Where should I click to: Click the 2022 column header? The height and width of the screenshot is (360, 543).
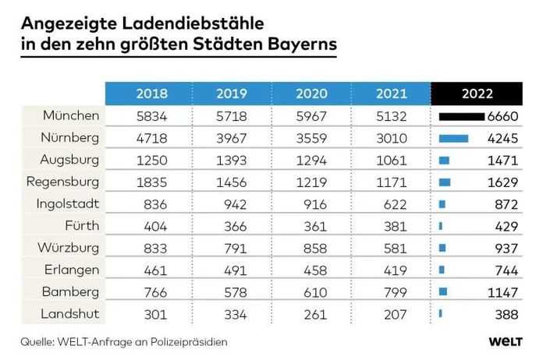point(477,94)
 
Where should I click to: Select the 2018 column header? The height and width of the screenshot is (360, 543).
point(151,94)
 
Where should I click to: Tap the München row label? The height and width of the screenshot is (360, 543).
point(71,115)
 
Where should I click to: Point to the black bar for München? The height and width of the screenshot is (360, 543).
point(462,117)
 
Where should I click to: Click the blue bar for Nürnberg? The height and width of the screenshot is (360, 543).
point(453,139)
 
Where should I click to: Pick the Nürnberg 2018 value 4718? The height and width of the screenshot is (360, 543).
point(151,139)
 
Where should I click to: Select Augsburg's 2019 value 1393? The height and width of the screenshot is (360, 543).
point(232,161)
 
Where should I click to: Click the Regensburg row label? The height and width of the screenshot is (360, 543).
point(62,182)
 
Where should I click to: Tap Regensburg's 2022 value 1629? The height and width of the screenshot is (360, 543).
point(502,182)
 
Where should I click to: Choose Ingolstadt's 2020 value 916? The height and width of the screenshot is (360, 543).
point(314,204)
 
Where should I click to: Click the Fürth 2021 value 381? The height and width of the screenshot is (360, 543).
point(395,227)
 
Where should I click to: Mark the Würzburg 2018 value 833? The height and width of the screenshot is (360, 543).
point(155,249)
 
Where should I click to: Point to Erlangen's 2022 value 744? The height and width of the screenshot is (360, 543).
point(506,270)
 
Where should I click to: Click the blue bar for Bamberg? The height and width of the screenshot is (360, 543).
point(443,292)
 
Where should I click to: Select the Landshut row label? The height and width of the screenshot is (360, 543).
point(70,314)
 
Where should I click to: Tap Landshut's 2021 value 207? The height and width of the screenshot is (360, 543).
point(395,314)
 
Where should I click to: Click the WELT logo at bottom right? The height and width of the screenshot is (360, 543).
point(506,341)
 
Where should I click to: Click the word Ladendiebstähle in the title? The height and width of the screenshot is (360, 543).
point(193,23)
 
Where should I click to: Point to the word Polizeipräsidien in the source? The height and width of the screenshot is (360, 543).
point(189,342)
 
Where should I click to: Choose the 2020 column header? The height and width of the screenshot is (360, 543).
point(311,94)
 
